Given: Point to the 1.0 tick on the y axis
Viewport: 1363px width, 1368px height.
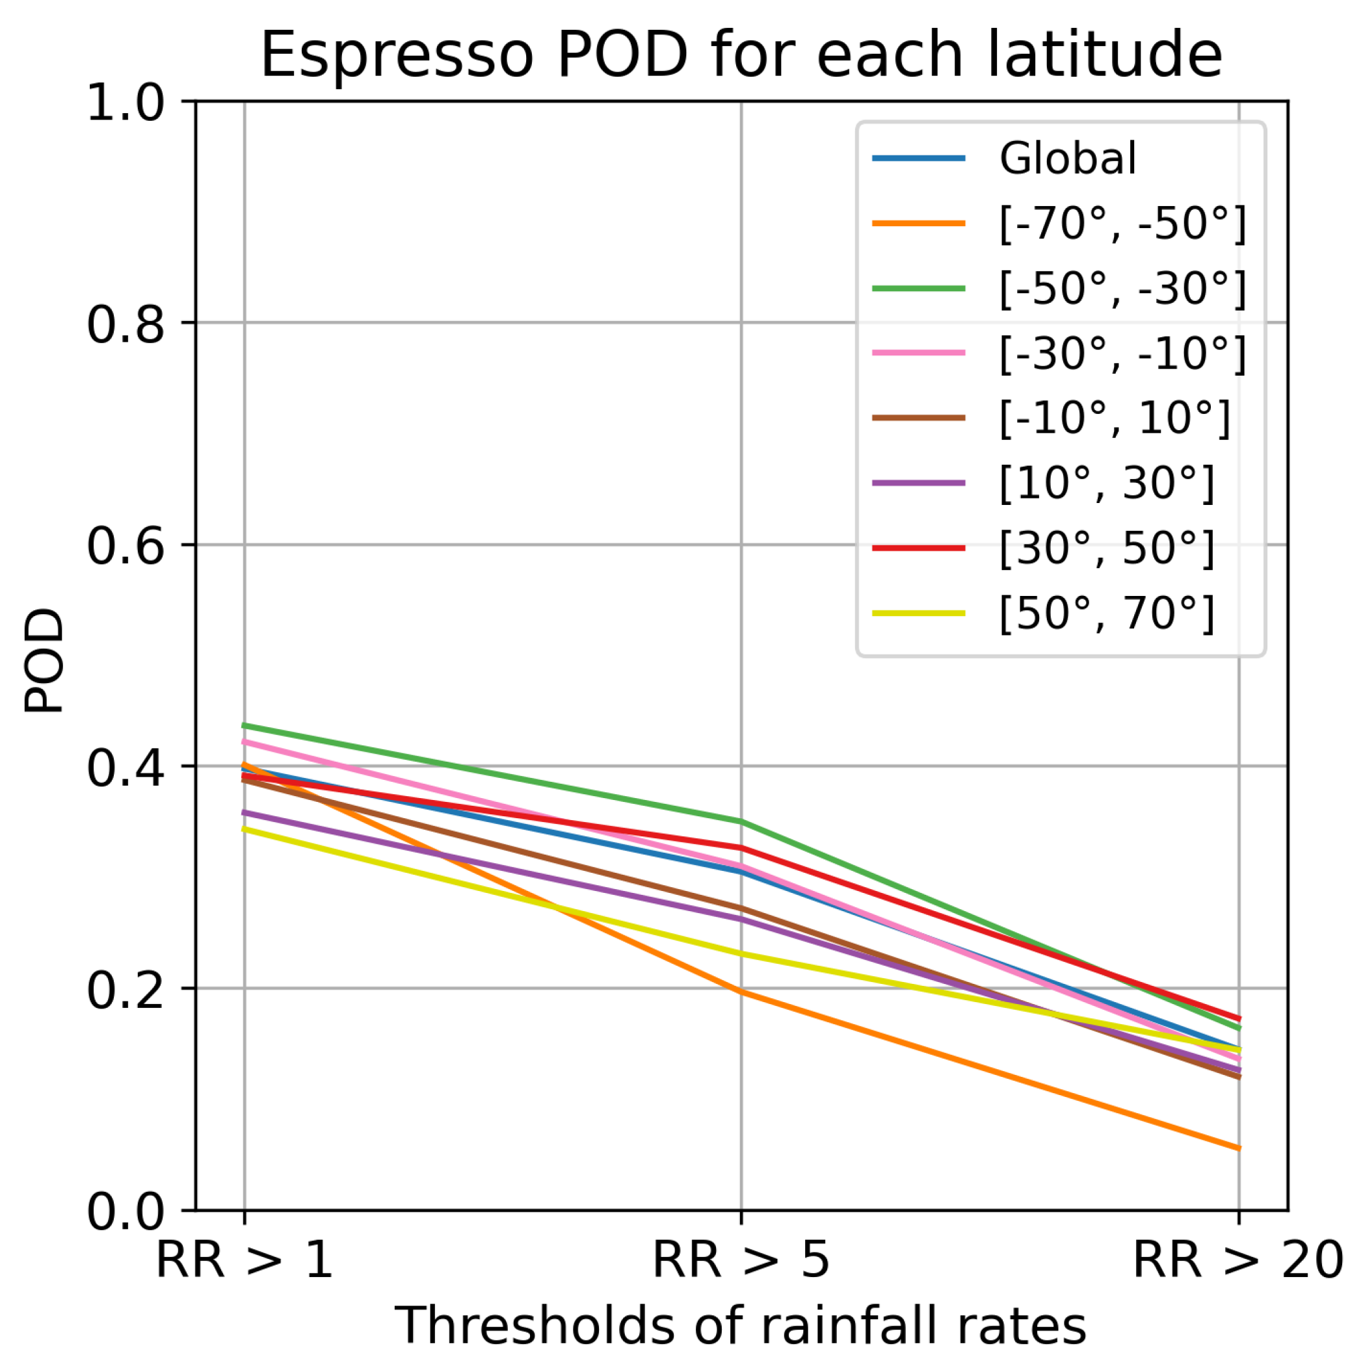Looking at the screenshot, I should coord(126,104).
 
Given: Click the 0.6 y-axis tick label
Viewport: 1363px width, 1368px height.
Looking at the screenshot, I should coord(126,547).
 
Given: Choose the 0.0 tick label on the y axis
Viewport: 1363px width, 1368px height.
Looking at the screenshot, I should coord(126,1211).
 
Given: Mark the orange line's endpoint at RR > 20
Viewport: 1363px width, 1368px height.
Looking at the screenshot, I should coord(1238,1148).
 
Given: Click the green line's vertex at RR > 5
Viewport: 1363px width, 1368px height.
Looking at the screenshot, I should coord(741,821).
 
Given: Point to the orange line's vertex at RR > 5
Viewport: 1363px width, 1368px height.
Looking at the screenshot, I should coord(741,992).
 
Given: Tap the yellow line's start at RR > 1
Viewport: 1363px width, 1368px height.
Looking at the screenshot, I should coord(245,829).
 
